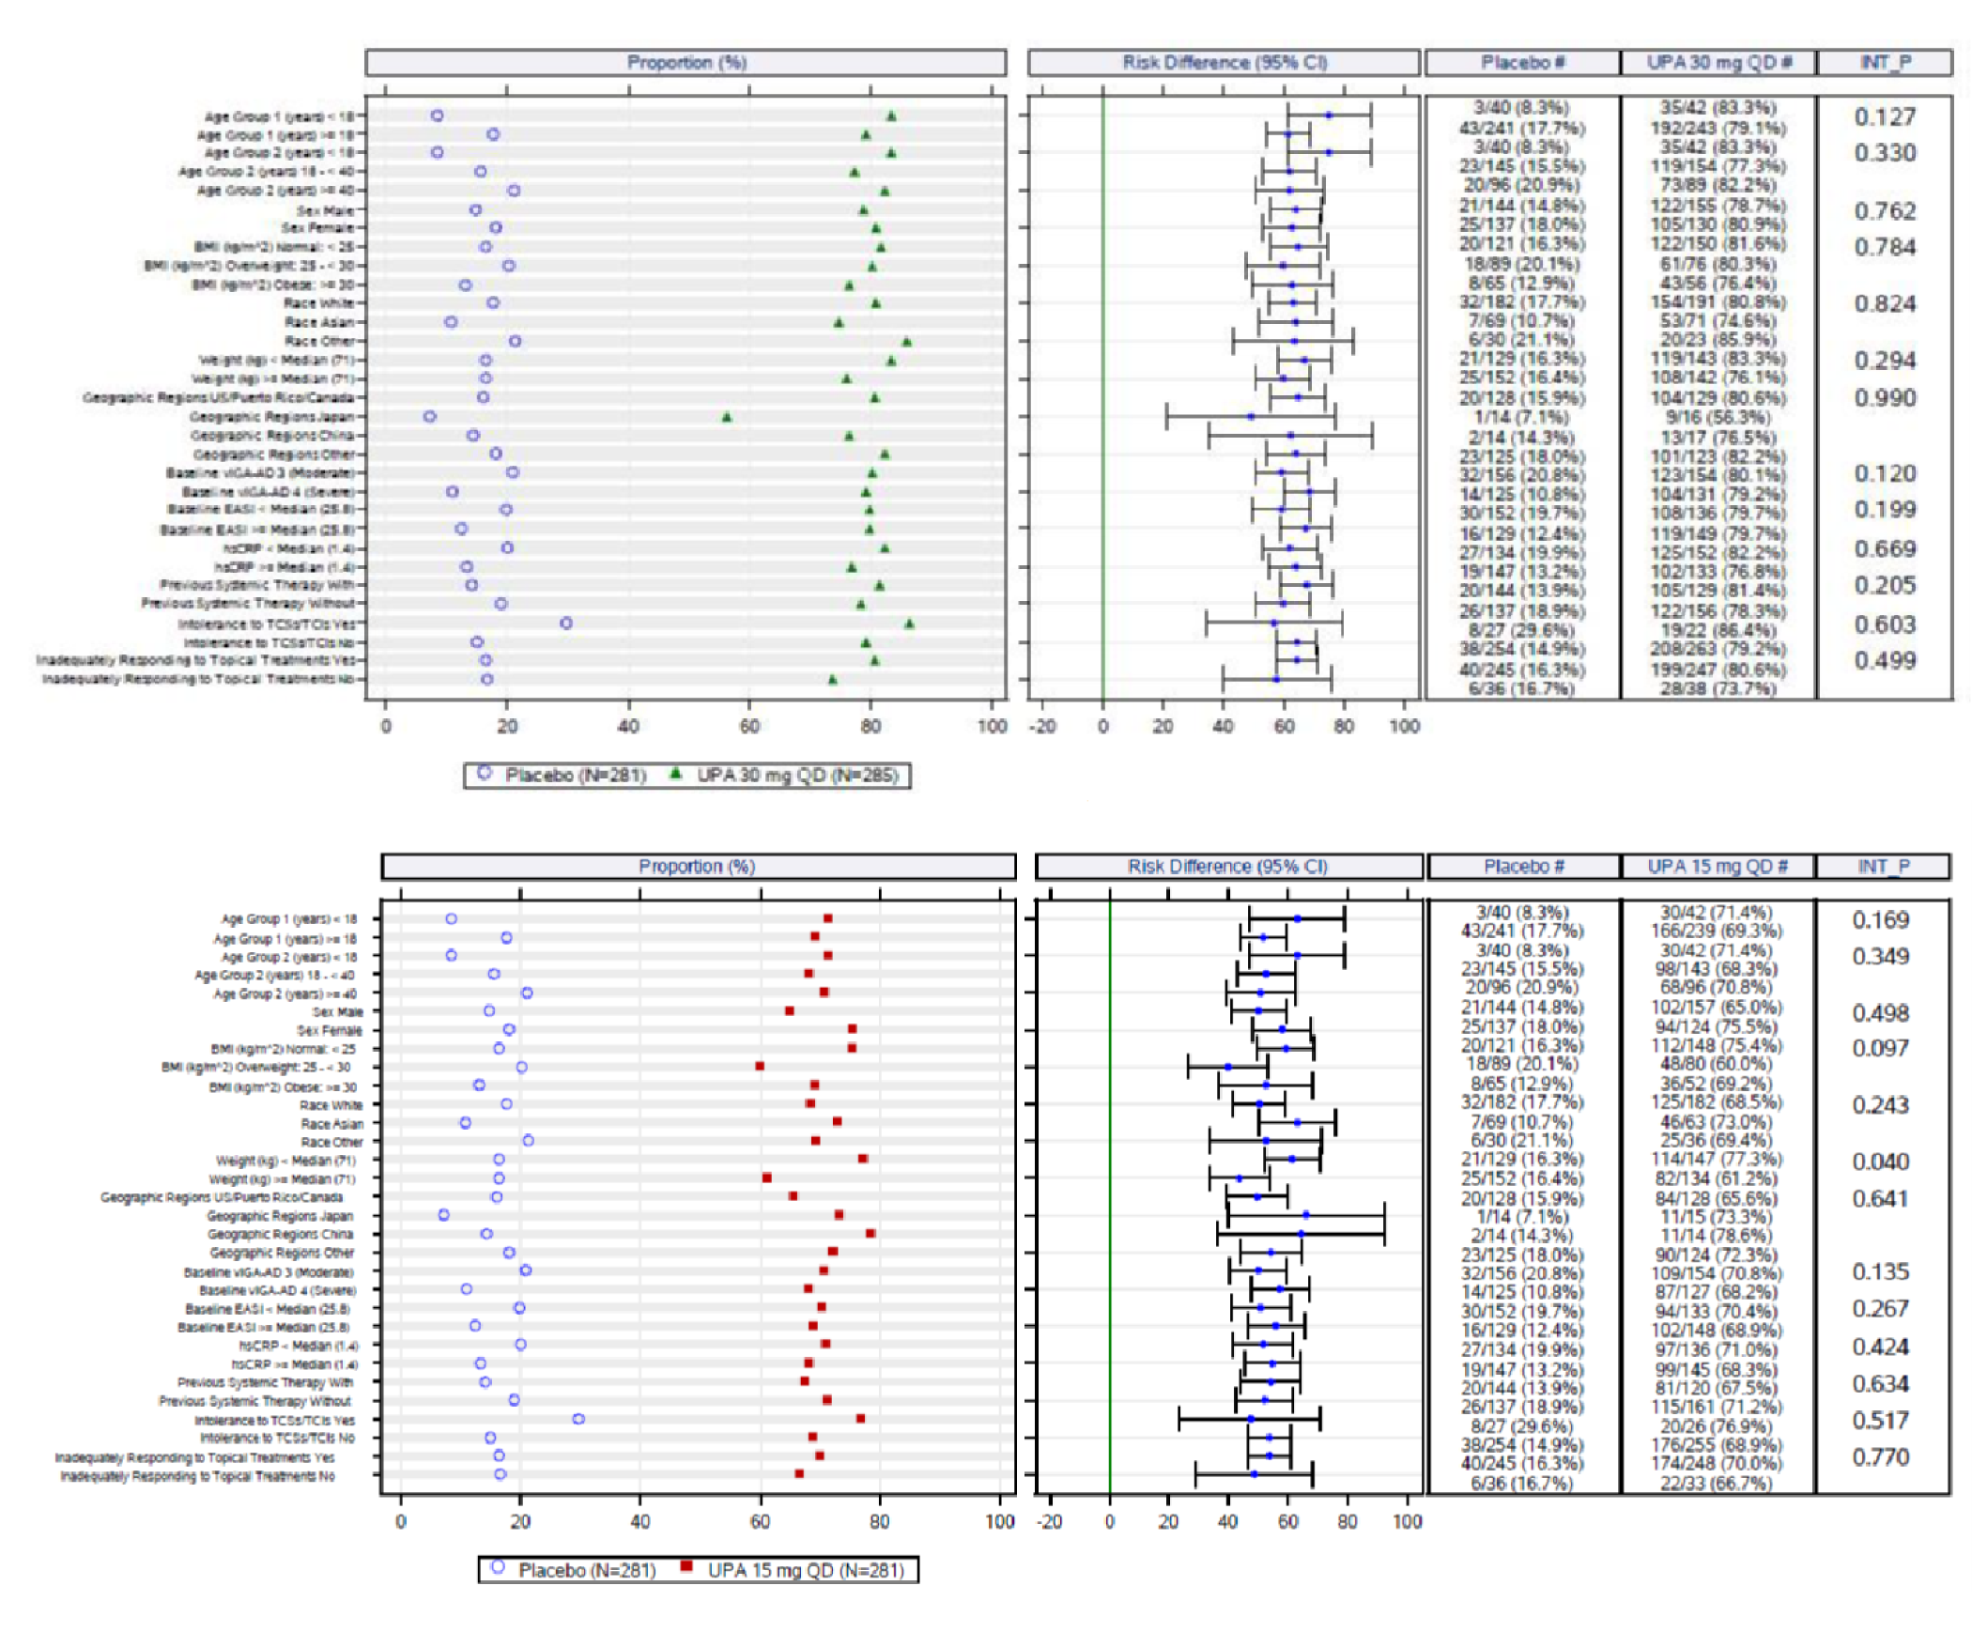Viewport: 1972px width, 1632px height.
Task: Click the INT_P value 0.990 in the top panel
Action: point(1885,398)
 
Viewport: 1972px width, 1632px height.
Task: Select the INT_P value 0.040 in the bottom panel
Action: point(1880,1162)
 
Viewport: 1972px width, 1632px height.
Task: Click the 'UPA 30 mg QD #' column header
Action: point(1718,63)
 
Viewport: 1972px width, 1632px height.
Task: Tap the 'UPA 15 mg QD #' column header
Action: point(1718,867)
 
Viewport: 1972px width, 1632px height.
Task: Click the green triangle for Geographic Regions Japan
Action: point(727,417)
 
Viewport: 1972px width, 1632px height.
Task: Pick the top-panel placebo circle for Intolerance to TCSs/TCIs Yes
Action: point(566,624)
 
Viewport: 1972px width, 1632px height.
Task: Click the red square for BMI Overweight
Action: point(760,1067)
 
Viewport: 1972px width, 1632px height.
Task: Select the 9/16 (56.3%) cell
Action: point(1718,417)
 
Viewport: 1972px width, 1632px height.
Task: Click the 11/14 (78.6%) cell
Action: point(1716,1236)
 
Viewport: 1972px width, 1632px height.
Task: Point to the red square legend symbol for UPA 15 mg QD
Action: point(687,1567)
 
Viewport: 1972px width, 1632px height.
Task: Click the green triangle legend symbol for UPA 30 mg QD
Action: point(675,774)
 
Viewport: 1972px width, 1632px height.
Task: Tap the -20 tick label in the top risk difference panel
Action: point(1042,727)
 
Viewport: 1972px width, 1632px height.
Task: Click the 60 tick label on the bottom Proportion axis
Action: point(760,1522)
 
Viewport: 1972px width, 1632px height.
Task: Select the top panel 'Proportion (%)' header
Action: point(686,63)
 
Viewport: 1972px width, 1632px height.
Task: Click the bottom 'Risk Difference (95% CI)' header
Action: point(1227,867)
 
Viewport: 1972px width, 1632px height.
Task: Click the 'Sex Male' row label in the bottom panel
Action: point(337,1012)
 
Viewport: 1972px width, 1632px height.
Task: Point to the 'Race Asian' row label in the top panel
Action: point(319,322)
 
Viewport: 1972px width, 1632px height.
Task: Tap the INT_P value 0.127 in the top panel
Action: point(1885,117)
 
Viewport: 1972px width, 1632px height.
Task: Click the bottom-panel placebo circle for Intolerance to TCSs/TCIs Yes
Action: point(578,1419)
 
